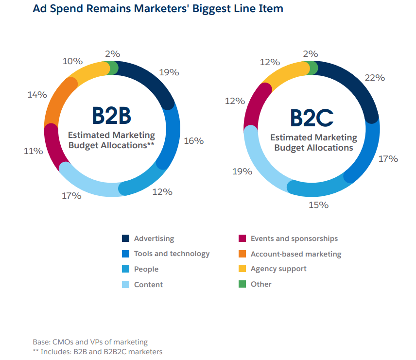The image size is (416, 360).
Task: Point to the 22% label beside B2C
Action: (375, 77)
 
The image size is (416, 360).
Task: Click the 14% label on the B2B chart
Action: (37, 95)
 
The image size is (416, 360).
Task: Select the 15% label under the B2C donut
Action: (318, 205)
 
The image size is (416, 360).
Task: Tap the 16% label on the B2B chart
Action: (193, 141)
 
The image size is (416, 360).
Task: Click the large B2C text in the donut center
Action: (312, 118)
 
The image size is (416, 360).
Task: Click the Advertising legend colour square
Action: (126, 239)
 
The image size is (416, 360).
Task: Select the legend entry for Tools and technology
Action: (172, 254)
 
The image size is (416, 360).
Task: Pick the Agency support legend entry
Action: (278, 269)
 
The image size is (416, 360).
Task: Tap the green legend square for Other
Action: (242, 284)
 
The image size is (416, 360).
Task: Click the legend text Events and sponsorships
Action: (294, 239)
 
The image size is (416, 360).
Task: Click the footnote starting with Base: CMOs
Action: (90, 342)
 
